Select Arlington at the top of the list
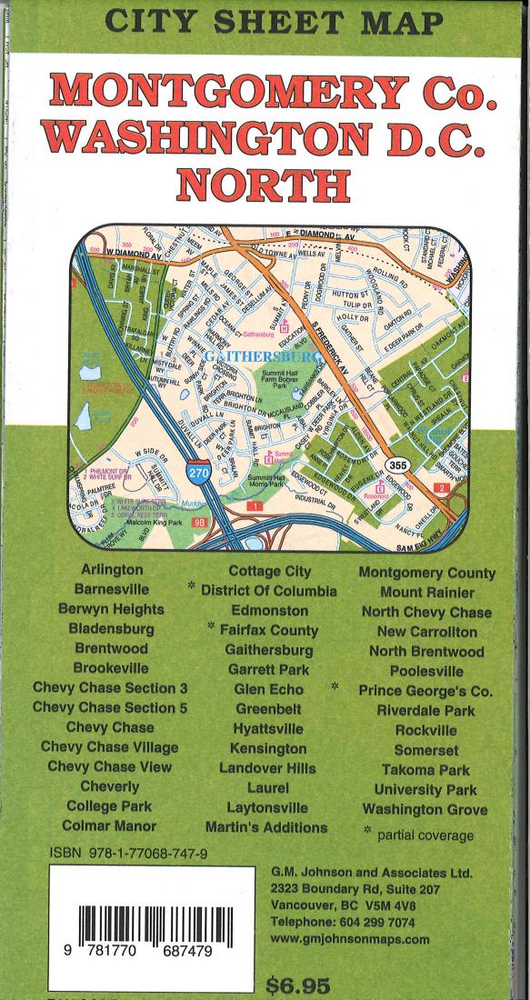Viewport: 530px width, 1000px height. [x=112, y=571]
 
